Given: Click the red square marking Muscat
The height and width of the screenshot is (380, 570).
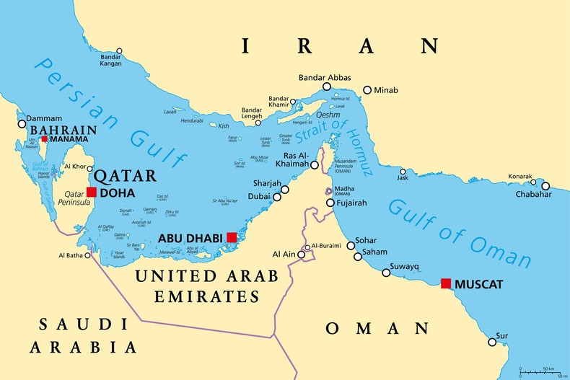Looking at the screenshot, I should [446, 283].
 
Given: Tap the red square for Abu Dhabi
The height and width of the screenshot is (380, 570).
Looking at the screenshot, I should [231, 237].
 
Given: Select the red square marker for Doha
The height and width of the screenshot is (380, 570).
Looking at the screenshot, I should [92, 192].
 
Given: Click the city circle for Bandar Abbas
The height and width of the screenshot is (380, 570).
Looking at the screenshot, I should [327, 87].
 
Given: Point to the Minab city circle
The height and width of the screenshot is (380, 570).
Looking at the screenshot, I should [367, 90].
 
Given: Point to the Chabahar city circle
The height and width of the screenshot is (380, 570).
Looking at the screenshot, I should [545, 185].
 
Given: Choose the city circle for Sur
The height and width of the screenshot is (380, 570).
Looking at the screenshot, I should [492, 341].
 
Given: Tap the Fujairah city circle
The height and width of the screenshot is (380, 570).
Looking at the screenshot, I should [330, 203].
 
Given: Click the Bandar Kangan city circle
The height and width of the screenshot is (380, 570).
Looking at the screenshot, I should [119, 51].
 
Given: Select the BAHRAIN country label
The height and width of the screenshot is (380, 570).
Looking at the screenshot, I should [63, 130].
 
